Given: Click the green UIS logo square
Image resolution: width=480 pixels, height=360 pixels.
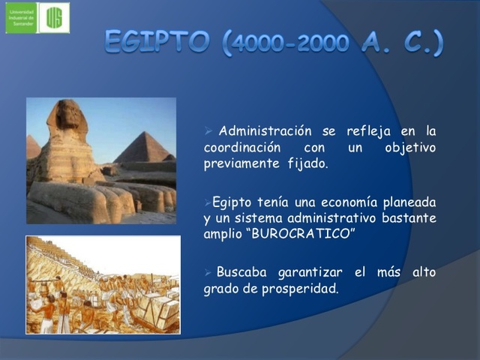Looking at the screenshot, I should point(54,18).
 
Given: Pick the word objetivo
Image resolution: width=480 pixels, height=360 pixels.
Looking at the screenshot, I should point(409,147).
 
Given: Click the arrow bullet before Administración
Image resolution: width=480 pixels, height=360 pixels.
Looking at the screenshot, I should point(208,132).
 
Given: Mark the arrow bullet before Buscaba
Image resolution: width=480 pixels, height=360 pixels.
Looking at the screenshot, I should point(208,272).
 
